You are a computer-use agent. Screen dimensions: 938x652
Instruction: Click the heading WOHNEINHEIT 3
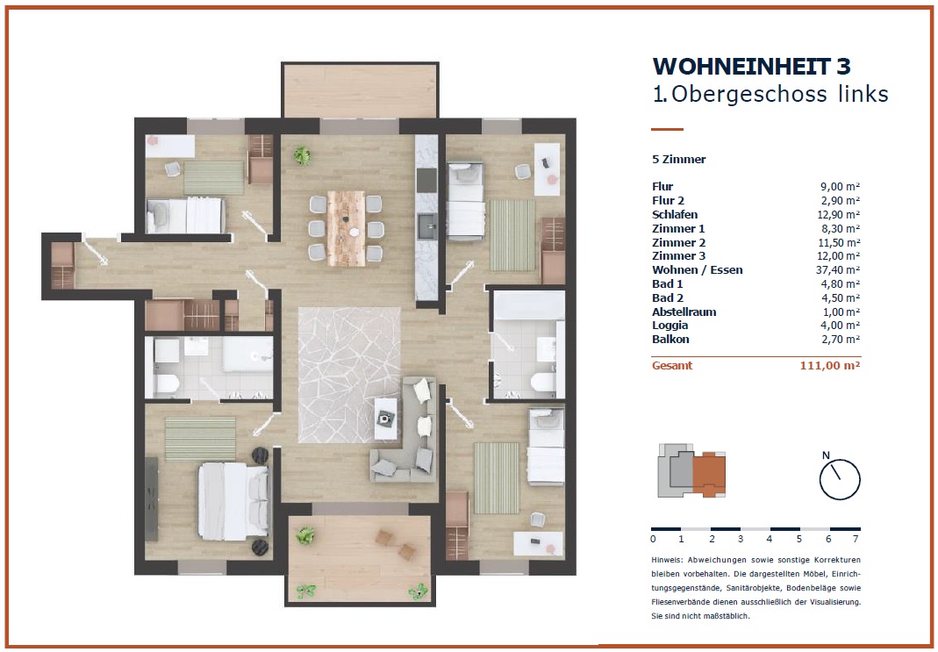(751, 67)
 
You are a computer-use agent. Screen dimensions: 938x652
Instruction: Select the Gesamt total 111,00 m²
(830, 365)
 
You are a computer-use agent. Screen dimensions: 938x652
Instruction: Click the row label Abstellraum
(684, 312)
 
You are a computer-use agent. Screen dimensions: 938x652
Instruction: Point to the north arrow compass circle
(840, 479)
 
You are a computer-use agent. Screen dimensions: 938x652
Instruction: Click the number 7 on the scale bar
(856, 539)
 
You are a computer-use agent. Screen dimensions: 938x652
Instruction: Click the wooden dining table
(347, 228)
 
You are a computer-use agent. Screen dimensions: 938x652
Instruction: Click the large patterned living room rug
(349, 375)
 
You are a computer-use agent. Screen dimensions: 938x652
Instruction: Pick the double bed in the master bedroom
(233, 501)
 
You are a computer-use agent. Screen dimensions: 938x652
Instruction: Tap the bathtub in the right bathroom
(528, 305)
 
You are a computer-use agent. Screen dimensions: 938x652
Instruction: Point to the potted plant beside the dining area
(302, 155)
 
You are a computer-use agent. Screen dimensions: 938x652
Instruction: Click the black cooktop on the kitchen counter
(426, 180)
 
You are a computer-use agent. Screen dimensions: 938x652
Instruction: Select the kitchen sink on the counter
(426, 226)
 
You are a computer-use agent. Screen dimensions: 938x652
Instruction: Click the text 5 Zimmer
(679, 160)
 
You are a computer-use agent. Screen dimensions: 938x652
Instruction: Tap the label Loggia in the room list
(670, 326)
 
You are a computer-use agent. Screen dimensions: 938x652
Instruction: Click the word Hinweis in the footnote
(666, 561)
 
